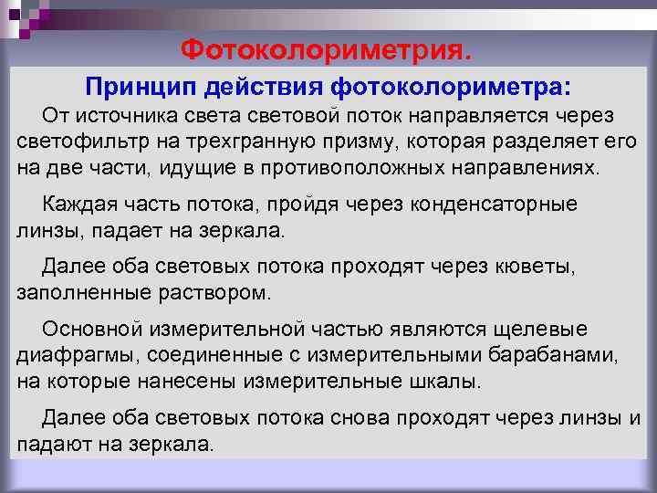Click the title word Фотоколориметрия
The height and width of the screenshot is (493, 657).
[328, 47]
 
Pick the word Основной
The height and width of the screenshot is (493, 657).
[90, 329]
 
